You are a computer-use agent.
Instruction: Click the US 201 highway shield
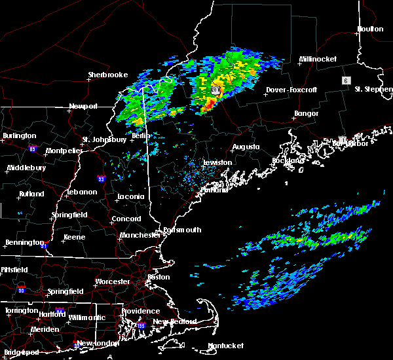point(214,90)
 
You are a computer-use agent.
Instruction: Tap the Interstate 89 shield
point(31,149)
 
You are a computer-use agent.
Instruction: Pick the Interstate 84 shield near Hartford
point(60,312)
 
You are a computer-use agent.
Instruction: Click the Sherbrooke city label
point(107,75)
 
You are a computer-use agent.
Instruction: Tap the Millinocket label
point(318,59)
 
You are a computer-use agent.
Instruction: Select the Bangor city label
point(307,113)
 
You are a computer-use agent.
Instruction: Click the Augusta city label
point(246,147)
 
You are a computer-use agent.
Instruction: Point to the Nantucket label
point(226,346)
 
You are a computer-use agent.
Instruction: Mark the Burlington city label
point(20,135)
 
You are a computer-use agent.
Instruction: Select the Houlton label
point(369,29)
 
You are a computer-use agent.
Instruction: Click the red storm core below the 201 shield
point(208,104)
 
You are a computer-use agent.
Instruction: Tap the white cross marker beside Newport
point(68,111)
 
